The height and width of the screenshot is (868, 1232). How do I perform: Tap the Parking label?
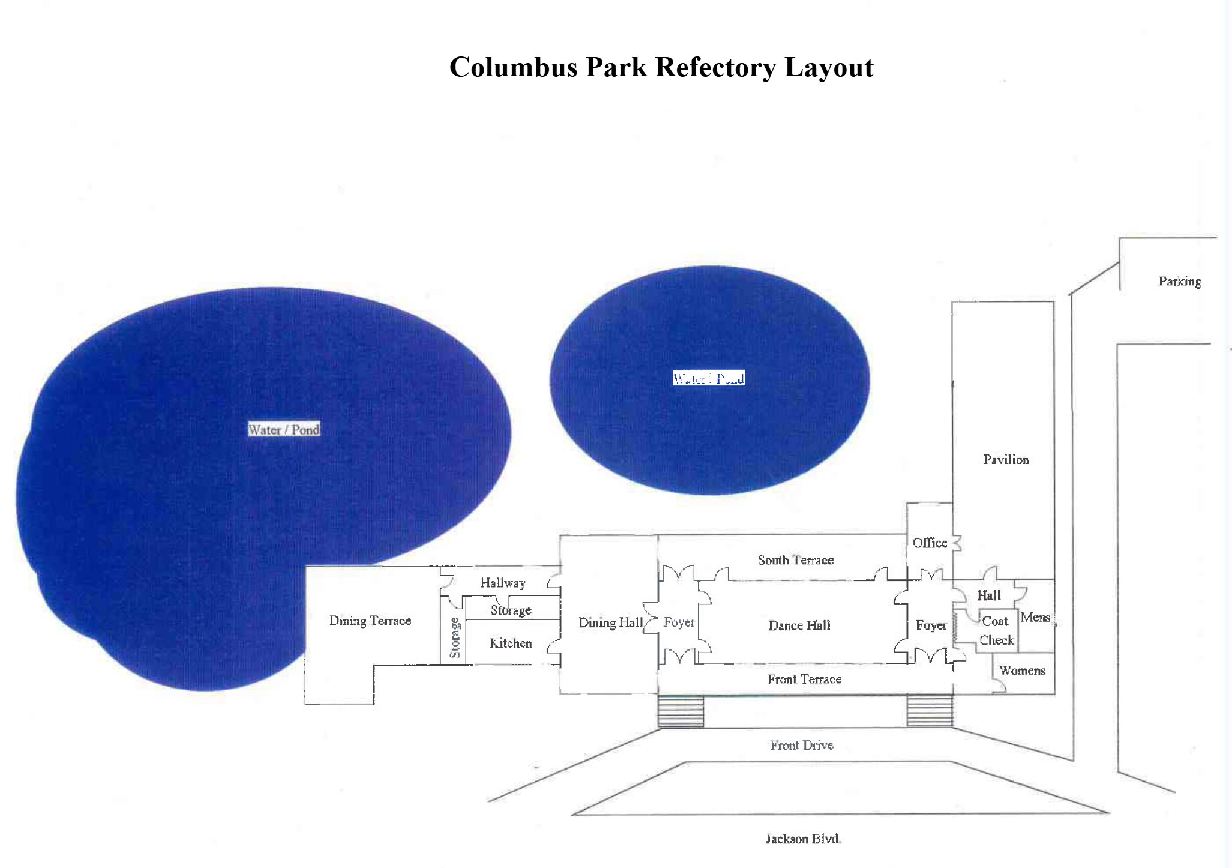(x=1179, y=281)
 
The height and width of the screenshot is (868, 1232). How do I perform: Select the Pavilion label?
(x=1006, y=459)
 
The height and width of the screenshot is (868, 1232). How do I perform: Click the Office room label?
(x=930, y=543)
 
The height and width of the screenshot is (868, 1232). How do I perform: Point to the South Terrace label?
(x=795, y=560)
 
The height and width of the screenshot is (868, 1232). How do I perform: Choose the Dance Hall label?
(x=799, y=625)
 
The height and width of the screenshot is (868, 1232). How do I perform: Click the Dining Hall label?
(x=610, y=622)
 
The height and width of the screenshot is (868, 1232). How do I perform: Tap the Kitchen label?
(x=511, y=643)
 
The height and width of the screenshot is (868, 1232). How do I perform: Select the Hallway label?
(x=503, y=583)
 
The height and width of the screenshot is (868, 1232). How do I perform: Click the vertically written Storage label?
(x=454, y=637)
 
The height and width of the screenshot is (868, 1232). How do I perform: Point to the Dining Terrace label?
(x=370, y=621)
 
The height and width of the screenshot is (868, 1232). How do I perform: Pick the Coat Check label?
(x=996, y=630)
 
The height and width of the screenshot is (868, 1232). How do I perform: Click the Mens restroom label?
(x=1035, y=617)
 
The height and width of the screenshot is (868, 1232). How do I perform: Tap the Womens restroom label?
(x=1022, y=671)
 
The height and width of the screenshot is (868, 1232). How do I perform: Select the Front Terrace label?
(x=804, y=679)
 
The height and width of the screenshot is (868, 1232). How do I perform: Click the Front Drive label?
(x=802, y=745)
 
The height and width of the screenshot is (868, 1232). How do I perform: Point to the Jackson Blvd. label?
(x=803, y=839)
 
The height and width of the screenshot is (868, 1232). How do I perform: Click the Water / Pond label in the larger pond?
(x=284, y=429)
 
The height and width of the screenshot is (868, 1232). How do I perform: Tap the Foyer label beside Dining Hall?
(x=679, y=622)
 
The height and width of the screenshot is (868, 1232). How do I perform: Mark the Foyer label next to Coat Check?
(x=931, y=625)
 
